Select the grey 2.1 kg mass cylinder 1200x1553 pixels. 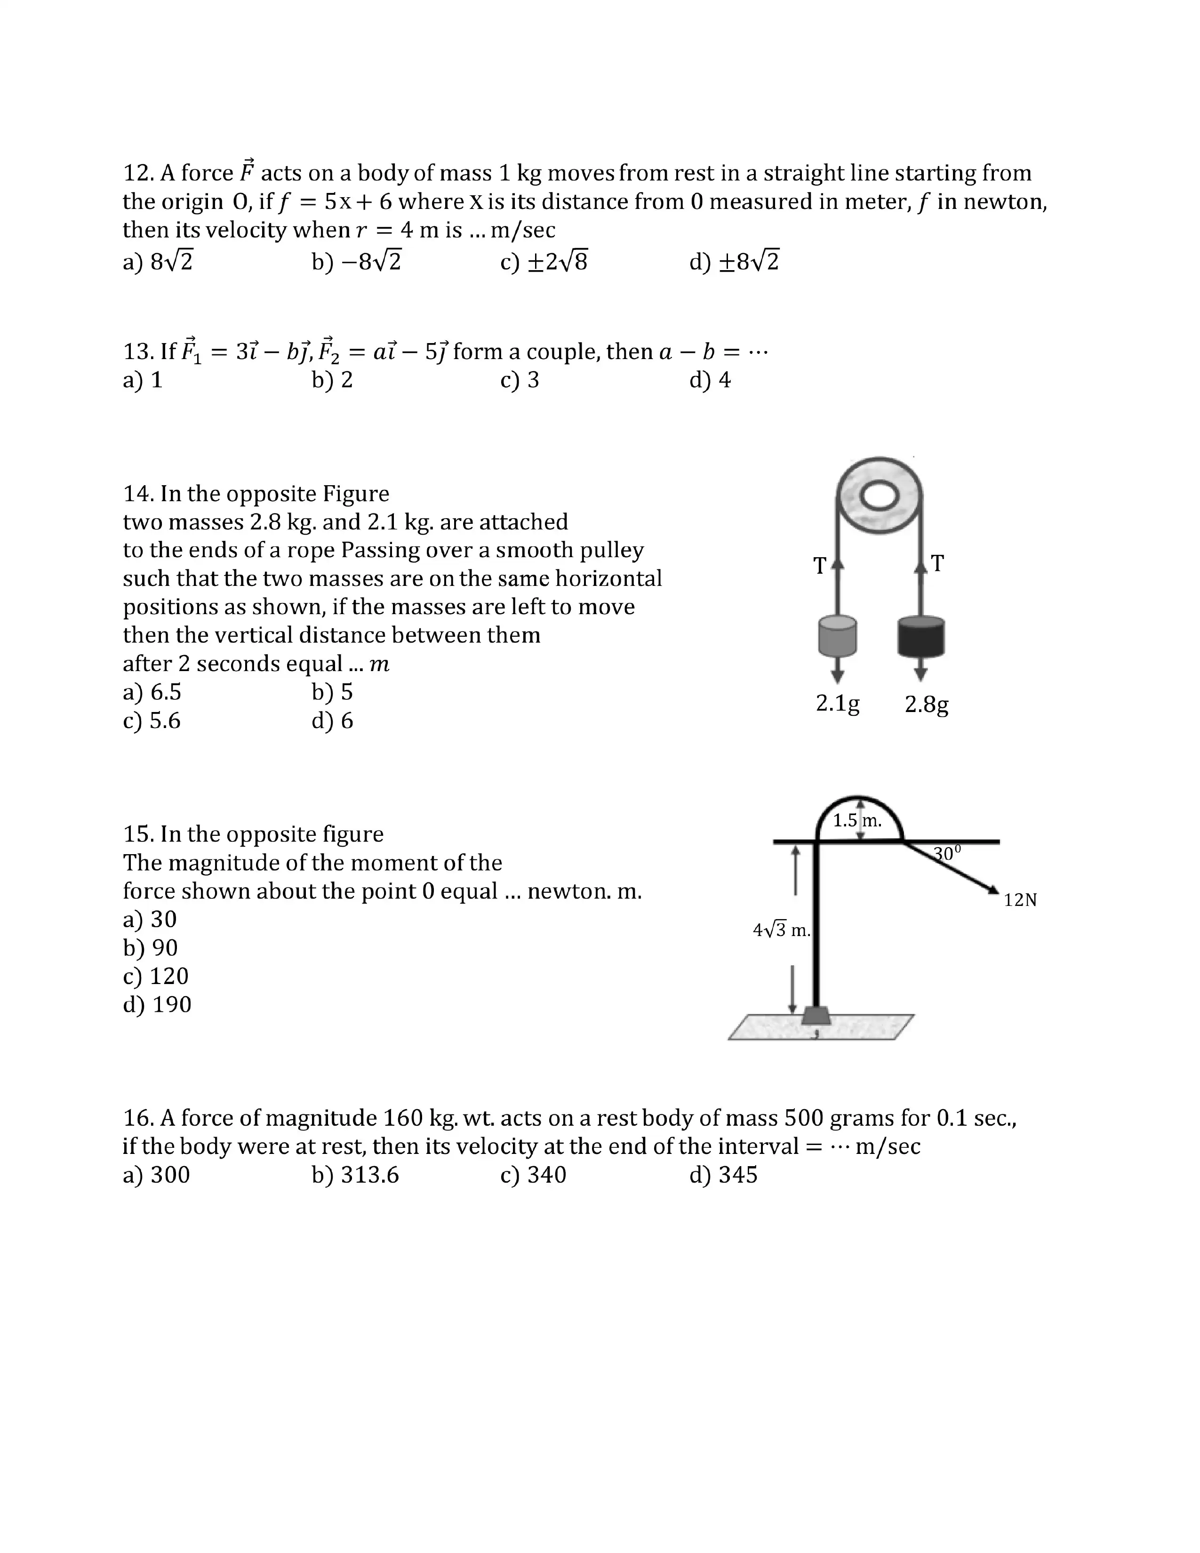pyautogui.click(x=838, y=636)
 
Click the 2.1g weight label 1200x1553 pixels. pyautogui.click(x=838, y=703)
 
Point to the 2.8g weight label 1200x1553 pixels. pyautogui.click(x=926, y=704)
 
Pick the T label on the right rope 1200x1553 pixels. pyautogui.click(x=938, y=563)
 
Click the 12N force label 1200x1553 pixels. pyautogui.click(x=1020, y=900)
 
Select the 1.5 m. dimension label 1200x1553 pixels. pyautogui.click(x=856, y=821)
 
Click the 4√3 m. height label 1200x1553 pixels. pyautogui.click(x=781, y=929)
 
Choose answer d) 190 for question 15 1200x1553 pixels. pyautogui.click(x=157, y=1005)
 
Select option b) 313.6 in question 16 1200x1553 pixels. pyautogui.click(x=355, y=1175)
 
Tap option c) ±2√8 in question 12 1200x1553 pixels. pyautogui.click(x=544, y=263)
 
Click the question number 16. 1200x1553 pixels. pyautogui.click(x=139, y=1118)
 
